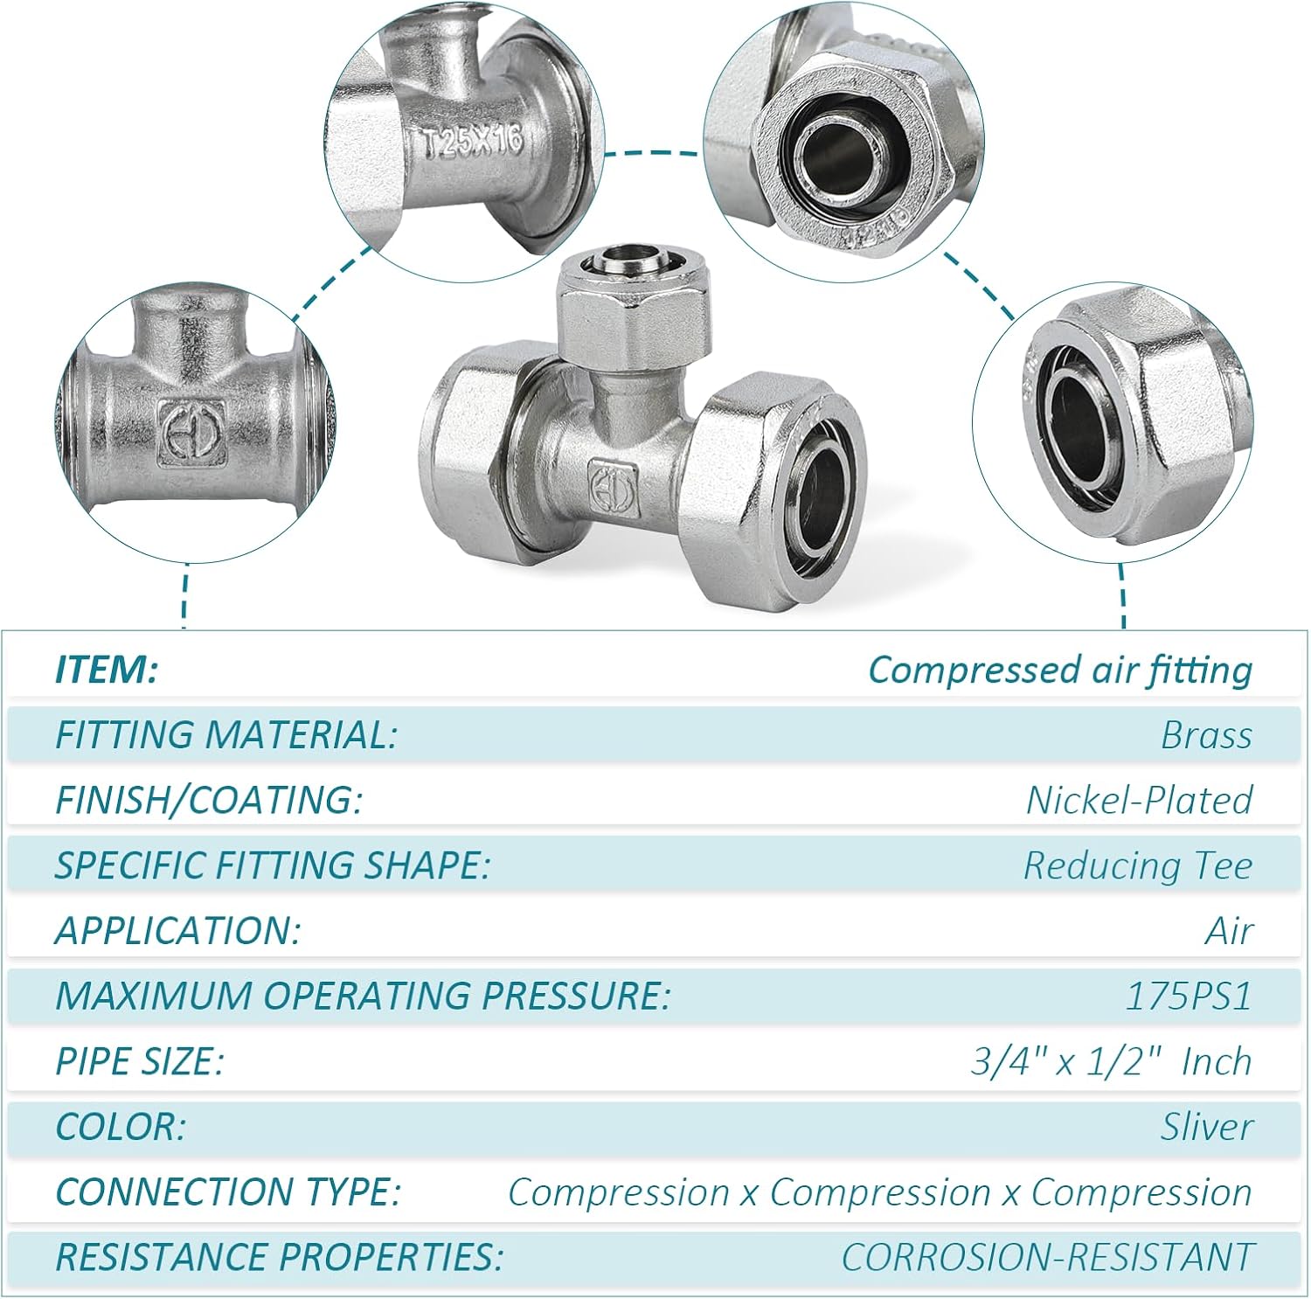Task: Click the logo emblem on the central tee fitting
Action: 613,483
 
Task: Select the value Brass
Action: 1206,734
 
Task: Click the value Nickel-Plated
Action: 1140,800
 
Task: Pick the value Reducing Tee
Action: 1138,865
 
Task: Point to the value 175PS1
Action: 1189,996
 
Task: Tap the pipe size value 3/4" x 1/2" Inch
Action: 1112,1061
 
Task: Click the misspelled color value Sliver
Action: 1206,1127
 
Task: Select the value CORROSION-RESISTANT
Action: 1048,1257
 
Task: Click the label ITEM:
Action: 107,670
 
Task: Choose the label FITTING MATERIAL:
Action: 226,734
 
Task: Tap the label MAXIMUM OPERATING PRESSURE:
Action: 363,996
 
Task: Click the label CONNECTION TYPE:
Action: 228,1191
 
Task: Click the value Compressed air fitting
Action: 1060,670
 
